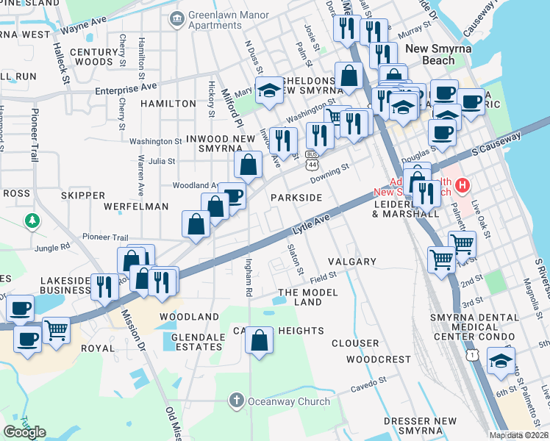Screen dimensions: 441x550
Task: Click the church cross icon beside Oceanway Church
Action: [236, 401]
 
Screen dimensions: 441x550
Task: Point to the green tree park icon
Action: [32, 220]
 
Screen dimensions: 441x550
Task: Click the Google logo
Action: [24, 432]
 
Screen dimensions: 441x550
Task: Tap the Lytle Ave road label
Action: [310, 225]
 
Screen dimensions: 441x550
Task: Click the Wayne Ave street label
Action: [84, 30]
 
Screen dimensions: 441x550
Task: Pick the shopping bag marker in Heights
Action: [260, 341]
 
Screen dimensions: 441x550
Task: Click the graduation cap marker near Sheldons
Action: [270, 90]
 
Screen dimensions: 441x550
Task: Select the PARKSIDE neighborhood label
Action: [296, 198]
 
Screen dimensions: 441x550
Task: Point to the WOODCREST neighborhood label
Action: [378, 359]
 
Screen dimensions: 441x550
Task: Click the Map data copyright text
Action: [518, 435]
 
